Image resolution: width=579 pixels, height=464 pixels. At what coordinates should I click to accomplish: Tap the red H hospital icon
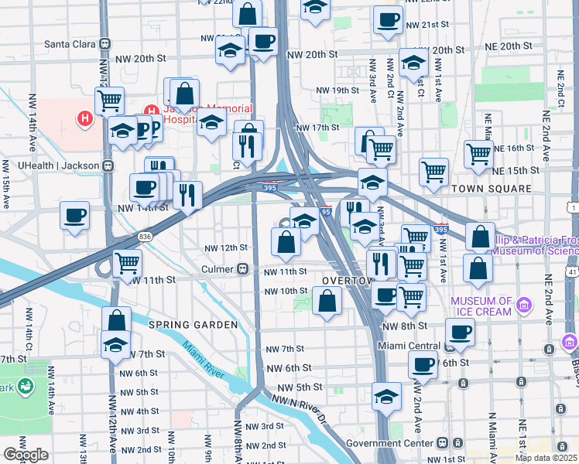pyautogui.click(x=84, y=119)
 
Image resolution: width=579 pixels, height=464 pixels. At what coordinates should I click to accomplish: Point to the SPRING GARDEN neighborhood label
pyautogui.click(x=192, y=325)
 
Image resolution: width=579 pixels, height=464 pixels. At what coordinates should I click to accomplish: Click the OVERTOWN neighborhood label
pyautogui.click(x=343, y=281)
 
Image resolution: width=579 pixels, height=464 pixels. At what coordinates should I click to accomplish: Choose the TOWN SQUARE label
pyautogui.click(x=492, y=189)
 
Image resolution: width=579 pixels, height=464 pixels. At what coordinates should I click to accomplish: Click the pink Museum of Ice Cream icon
pyautogui.click(x=524, y=305)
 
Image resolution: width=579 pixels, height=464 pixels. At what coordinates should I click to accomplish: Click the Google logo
pyautogui.click(x=26, y=455)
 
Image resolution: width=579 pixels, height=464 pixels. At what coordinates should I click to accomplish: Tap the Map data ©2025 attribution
pyautogui.click(x=546, y=457)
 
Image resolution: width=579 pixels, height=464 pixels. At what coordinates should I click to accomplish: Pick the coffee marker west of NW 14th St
pyautogui.click(x=74, y=215)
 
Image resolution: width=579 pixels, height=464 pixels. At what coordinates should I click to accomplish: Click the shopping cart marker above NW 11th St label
pyautogui.click(x=127, y=262)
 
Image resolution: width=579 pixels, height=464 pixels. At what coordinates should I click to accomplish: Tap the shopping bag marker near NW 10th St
pyautogui.click(x=327, y=301)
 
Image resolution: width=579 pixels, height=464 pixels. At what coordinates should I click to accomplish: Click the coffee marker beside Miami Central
pyautogui.click(x=460, y=331)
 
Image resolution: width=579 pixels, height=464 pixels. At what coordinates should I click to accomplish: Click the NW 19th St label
pyautogui.click(x=337, y=90)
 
